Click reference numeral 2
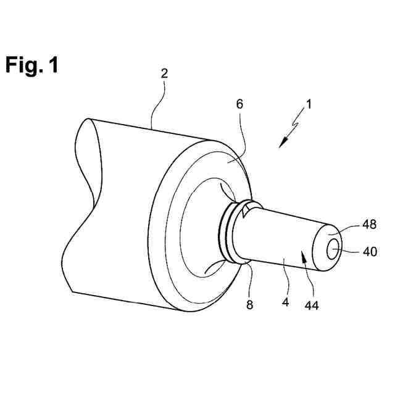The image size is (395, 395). (164, 73)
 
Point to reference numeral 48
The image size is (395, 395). (369, 224)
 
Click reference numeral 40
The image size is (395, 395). (369, 251)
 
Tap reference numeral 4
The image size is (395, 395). (285, 302)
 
